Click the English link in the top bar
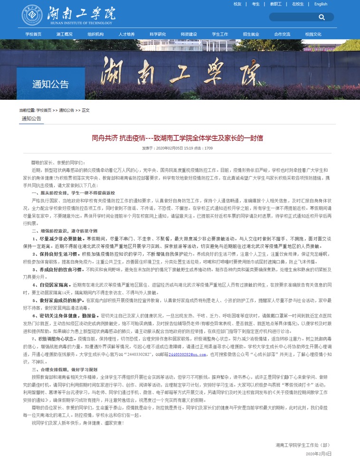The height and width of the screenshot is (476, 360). tap(321, 4)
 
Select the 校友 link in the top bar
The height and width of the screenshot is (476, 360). tap(237, 4)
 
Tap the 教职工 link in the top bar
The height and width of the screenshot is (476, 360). tap(276, 4)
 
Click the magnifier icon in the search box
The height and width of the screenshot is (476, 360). tap(322, 17)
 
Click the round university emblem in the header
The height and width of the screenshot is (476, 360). tap(31, 15)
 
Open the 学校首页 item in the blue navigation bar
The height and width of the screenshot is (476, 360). tap(33, 34)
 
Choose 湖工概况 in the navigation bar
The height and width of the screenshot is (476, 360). tap(64, 34)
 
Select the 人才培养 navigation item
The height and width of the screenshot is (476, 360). tap(126, 34)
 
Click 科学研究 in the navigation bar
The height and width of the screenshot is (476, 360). tap(158, 34)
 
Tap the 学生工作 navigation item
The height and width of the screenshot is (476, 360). tap(220, 34)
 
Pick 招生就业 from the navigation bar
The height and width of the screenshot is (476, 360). tap(251, 34)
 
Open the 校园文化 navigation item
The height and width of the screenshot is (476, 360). tap(313, 34)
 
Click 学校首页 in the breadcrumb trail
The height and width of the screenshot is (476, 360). tap(44, 110)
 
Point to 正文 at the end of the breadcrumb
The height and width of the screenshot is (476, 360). tap(85, 110)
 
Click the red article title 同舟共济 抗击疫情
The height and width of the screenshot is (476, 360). tap(177, 138)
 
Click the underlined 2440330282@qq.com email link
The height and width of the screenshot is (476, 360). tap(187, 354)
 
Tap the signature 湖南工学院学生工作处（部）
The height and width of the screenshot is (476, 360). tap(302, 445)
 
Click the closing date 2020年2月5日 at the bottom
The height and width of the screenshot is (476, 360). tap(318, 454)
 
